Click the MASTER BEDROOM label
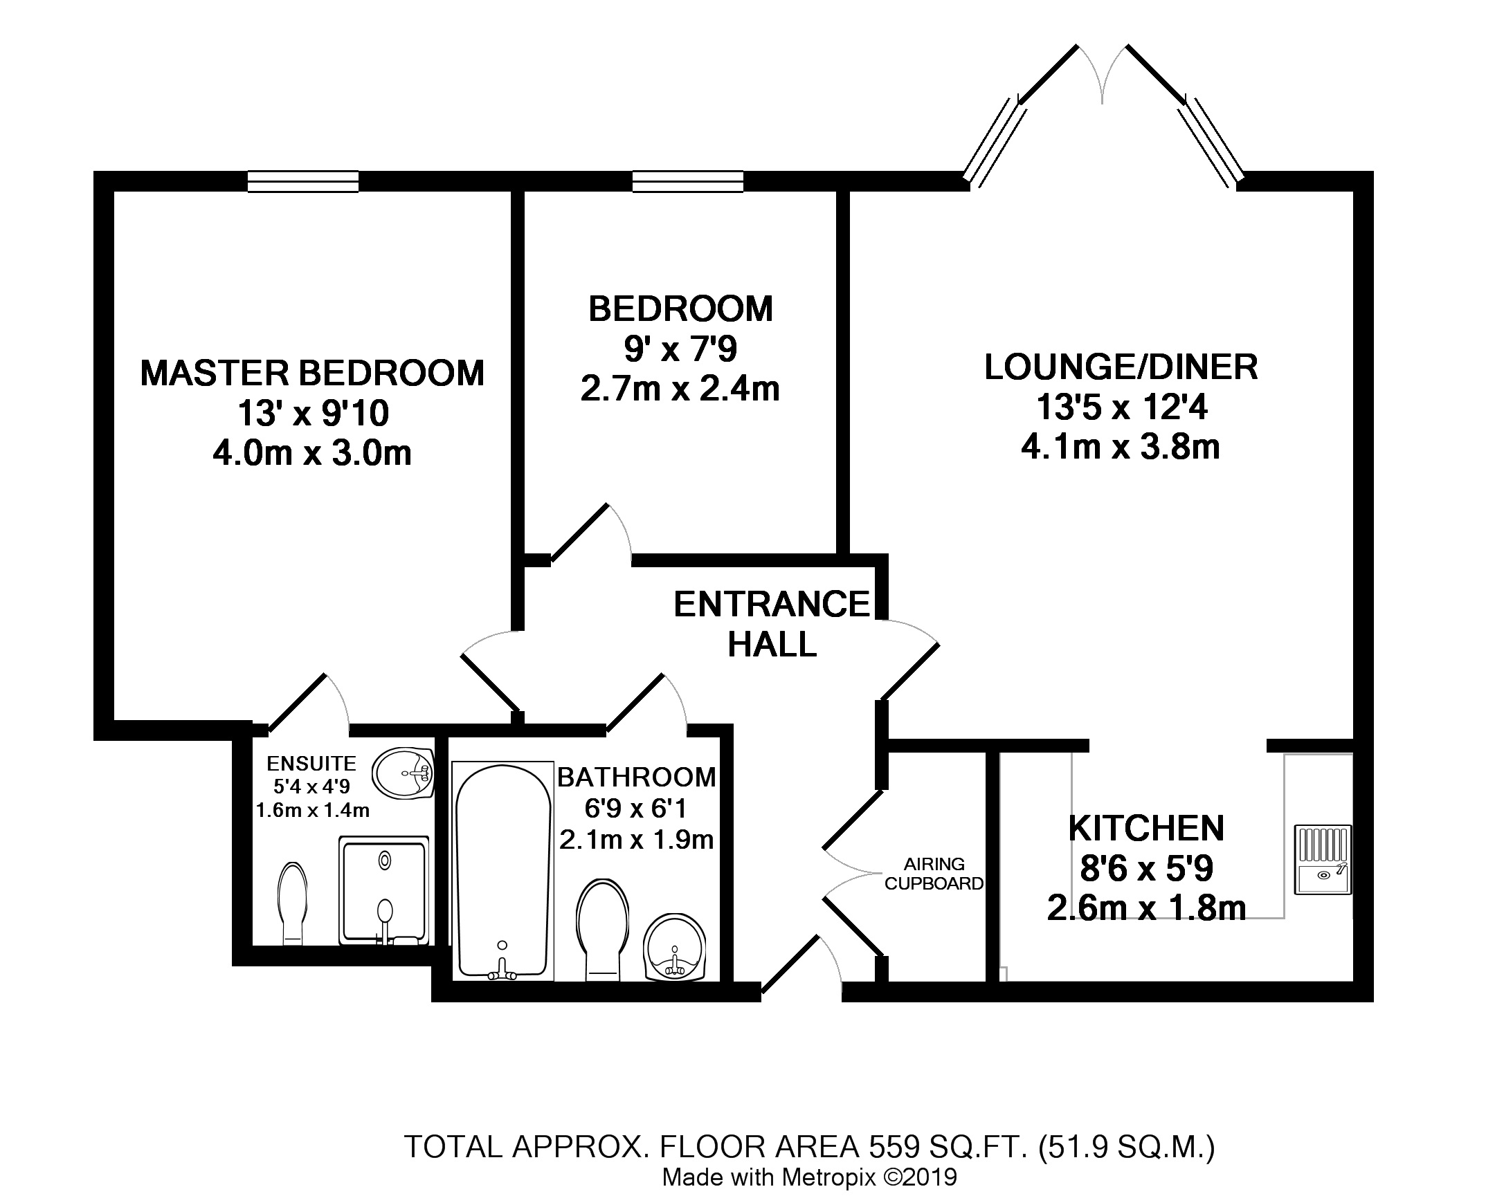coord(312,374)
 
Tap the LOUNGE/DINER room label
coord(1121,367)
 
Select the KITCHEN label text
coord(1146,828)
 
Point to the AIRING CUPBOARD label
coord(934,874)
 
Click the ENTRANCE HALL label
coord(772,625)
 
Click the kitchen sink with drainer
coord(1323,860)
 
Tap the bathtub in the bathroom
coord(502,872)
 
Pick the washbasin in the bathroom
coord(675,947)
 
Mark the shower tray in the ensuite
coord(383,890)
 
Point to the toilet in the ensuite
coord(292,903)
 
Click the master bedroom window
coord(303,181)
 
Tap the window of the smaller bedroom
coord(687,181)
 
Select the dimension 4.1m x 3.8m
coord(1121,447)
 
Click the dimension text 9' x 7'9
coord(680,349)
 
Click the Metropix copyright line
coord(810,1177)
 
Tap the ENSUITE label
coord(311,764)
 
